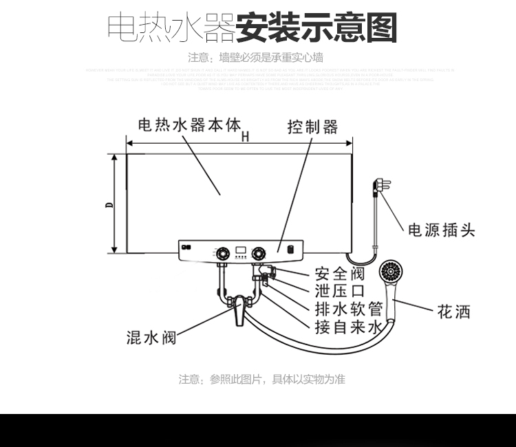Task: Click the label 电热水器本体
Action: [x=190, y=125]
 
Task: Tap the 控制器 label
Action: [x=313, y=127]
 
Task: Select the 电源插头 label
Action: [x=442, y=230]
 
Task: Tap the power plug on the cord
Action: [x=378, y=186]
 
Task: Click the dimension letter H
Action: [x=245, y=136]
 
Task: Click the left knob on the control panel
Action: [x=222, y=253]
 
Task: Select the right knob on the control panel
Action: [x=259, y=253]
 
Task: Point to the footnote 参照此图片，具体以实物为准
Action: [x=261, y=379]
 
